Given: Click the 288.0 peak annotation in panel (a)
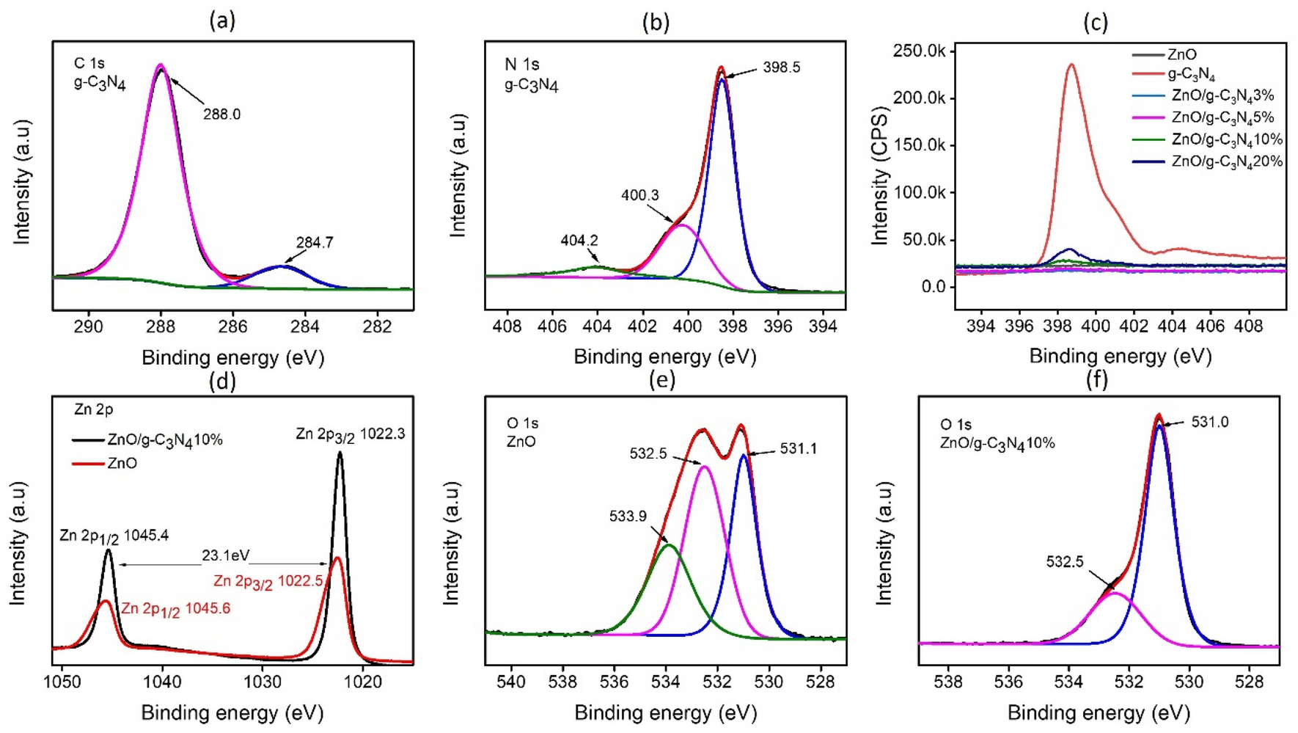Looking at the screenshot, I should pyautogui.click(x=221, y=114).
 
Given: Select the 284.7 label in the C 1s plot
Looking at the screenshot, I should pyautogui.click(x=315, y=242).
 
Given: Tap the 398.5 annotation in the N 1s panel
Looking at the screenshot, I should pyautogui.click(x=781, y=68).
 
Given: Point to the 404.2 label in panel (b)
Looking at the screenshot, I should pyautogui.click(x=579, y=241).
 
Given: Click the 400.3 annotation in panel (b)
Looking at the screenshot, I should pyautogui.click(x=639, y=195).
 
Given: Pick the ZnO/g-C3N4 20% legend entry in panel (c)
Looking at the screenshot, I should pyautogui.click(x=1226, y=161).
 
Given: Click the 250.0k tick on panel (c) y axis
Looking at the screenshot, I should pyautogui.click(x=919, y=51).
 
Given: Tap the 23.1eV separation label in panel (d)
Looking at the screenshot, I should pyautogui.click(x=225, y=556).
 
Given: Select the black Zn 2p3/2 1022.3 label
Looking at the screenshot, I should pyautogui.click(x=350, y=434).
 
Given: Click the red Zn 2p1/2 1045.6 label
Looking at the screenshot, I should pyautogui.click(x=175, y=609).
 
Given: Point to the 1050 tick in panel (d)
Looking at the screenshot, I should pyautogui.click(x=62, y=682).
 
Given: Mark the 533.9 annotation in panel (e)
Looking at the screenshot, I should pyautogui.click(x=628, y=517).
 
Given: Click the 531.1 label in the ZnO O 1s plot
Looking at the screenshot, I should pyautogui.click(x=798, y=448).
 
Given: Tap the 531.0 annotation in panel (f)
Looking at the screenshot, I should pyautogui.click(x=1209, y=422).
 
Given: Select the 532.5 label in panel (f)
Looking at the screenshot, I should pyautogui.click(x=1064, y=562).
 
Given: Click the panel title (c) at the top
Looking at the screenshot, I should pyautogui.click(x=1095, y=22).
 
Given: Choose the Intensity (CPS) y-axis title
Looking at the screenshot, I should pyautogui.click(x=879, y=176).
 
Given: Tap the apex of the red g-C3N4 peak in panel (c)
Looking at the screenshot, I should pyautogui.click(x=1072, y=65).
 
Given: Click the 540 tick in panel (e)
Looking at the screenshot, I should pyautogui.click(x=511, y=682).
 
